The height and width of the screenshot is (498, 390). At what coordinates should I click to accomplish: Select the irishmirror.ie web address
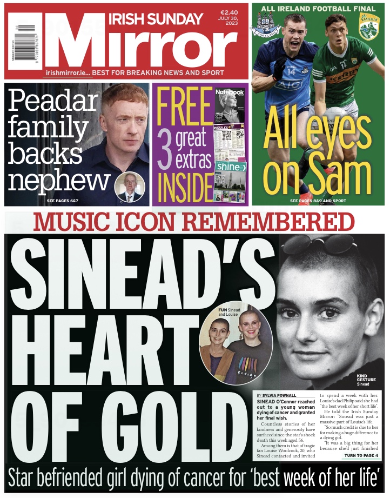67,72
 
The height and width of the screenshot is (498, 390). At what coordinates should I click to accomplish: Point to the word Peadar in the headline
53,101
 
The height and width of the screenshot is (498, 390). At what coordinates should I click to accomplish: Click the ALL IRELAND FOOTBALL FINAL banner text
319,9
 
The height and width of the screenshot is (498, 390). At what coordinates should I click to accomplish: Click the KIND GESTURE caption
366,379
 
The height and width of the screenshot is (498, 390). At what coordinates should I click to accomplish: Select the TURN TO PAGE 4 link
360,456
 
